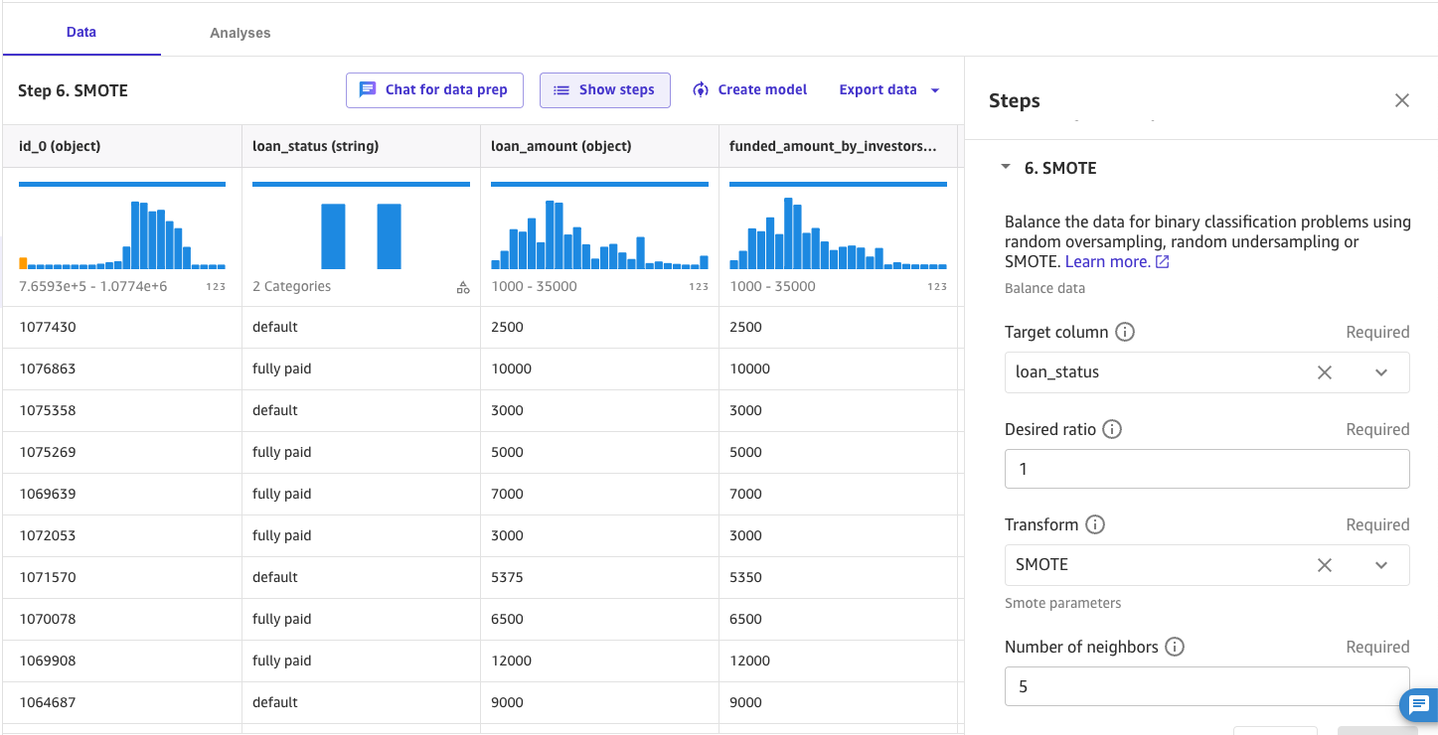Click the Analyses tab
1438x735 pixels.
tap(240, 33)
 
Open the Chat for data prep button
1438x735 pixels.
tap(434, 89)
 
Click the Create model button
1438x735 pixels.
tap(750, 89)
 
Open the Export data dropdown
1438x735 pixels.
tap(889, 89)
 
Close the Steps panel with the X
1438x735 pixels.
tap(1402, 100)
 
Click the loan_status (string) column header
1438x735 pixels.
tap(315, 146)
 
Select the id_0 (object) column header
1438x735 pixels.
tap(60, 146)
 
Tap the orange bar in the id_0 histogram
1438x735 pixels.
tap(23, 263)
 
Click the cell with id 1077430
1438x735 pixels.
tap(48, 327)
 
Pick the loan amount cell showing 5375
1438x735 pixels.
tap(507, 577)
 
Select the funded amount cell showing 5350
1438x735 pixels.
tap(745, 577)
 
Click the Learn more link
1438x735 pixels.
tap(1117, 261)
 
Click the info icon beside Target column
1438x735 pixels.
tap(1125, 332)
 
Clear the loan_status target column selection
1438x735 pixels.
tap(1325, 372)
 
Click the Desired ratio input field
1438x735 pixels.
tap(1206, 469)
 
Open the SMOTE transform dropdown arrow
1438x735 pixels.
tap(1381, 565)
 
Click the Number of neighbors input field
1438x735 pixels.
tap(1206, 686)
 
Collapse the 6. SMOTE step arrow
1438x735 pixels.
tap(1006, 167)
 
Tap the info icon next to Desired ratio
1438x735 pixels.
tap(1112, 429)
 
